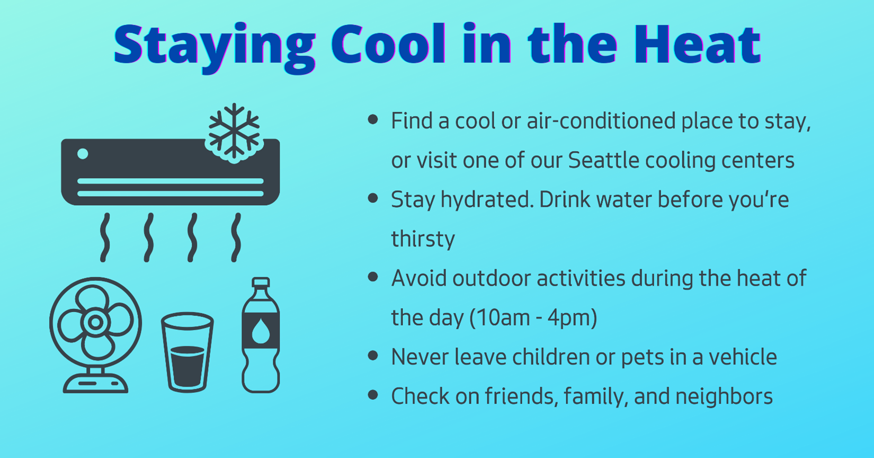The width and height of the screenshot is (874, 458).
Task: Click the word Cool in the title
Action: pos(388,45)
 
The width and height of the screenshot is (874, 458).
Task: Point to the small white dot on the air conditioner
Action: pos(83,154)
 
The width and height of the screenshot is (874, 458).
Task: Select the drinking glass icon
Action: pos(187,352)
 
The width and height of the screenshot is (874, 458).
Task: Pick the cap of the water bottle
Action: pos(261,283)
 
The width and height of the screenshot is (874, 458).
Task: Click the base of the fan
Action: pos(96,383)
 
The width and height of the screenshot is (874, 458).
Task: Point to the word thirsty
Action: pos(423,239)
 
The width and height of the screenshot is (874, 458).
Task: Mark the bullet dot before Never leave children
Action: pos(373,356)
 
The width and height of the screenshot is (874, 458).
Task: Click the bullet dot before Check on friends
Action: pos(373,395)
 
